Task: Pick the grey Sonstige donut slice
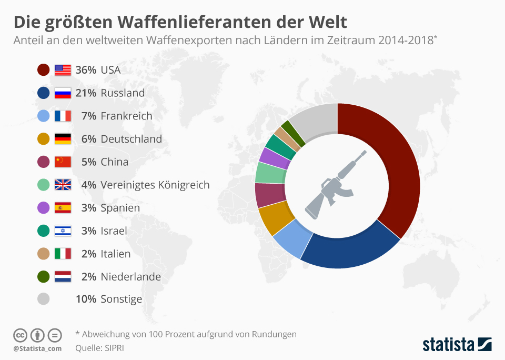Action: point(314,119)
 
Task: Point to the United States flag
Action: point(63,69)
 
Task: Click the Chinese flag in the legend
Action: point(63,162)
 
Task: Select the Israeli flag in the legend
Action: point(63,231)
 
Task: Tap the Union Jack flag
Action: point(63,185)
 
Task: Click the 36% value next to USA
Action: point(86,69)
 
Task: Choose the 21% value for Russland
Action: point(86,93)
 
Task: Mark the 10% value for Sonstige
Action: point(86,299)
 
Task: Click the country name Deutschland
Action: point(131,139)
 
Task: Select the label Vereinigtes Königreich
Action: point(155,185)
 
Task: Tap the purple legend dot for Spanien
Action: point(44,208)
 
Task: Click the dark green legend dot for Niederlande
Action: point(44,276)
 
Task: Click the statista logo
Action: point(457,344)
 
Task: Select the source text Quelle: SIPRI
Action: point(100,347)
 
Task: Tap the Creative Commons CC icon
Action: point(20,335)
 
